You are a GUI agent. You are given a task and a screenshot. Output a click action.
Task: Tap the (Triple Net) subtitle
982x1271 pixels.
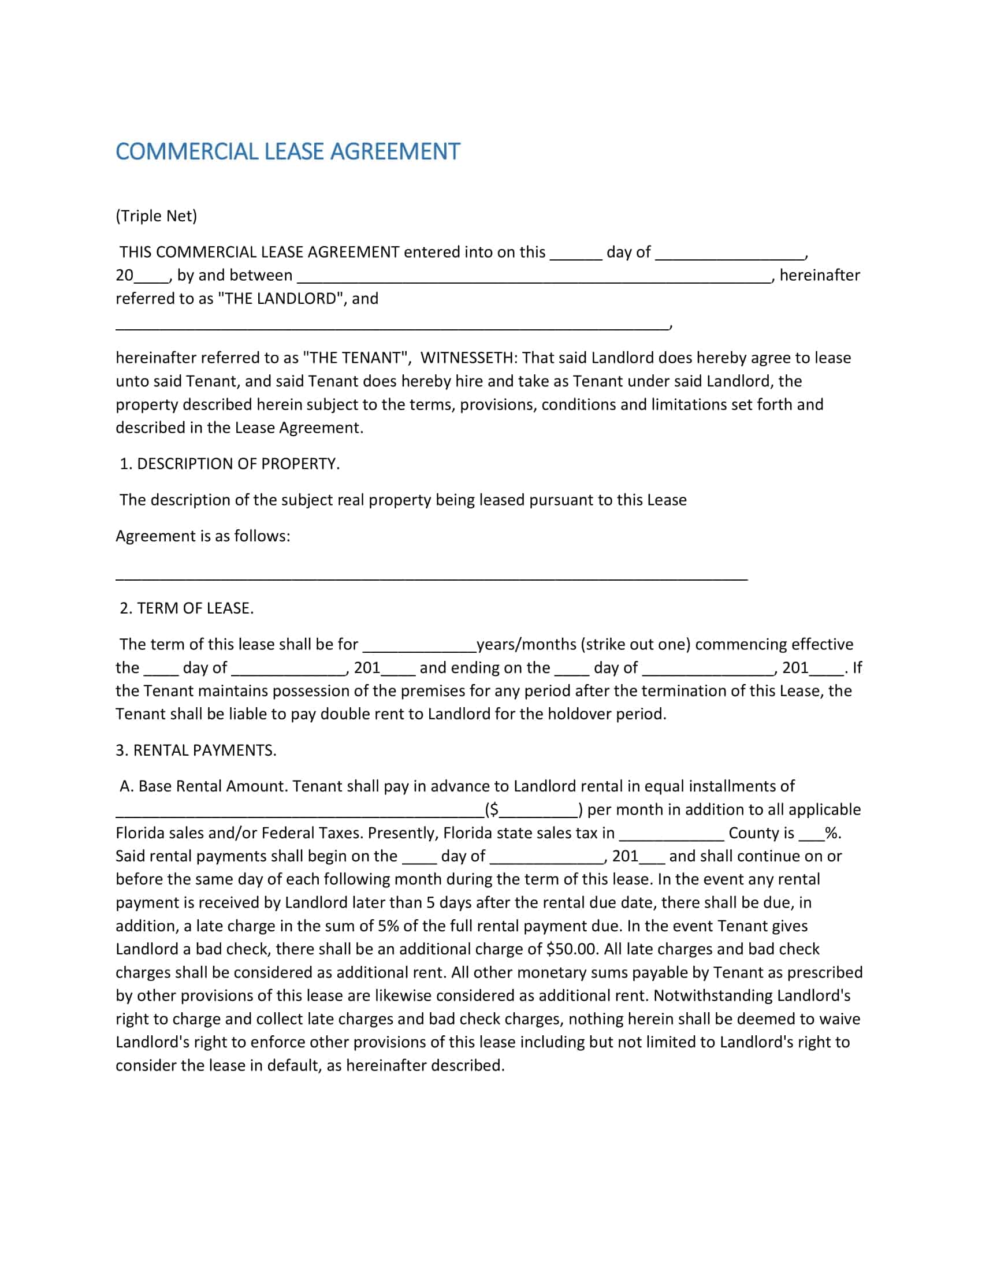point(156,216)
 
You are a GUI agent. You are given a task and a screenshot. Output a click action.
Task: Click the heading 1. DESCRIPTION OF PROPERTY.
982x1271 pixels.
point(229,464)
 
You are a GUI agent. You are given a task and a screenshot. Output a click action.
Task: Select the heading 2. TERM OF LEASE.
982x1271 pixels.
point(186,608)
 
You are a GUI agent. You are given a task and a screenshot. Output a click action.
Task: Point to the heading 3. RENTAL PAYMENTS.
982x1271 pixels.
point(195,750)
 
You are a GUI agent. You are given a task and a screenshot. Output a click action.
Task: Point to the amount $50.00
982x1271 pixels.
point(571,949)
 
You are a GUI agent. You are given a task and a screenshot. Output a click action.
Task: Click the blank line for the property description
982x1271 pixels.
point(430,578)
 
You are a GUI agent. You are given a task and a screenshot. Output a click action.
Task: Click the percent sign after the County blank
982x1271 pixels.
point(832,833)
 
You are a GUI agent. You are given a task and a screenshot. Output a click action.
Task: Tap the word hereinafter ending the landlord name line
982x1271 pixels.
point(819,275)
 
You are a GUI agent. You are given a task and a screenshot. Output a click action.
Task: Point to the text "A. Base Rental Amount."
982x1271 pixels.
point(203,786)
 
